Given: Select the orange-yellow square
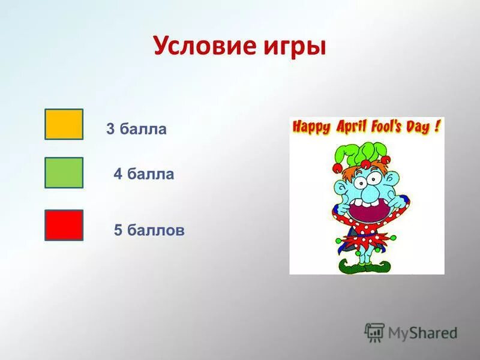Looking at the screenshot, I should [64, 124].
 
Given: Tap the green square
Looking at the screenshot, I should [64, 173].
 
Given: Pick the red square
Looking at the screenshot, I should [64, 225].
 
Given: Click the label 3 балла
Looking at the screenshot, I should [136, 129].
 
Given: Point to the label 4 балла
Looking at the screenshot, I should [144, 175].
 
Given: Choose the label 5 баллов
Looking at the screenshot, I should [149, 230].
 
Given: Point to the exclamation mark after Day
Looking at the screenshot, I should [439, 126].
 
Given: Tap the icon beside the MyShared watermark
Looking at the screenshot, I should [374, 332].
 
